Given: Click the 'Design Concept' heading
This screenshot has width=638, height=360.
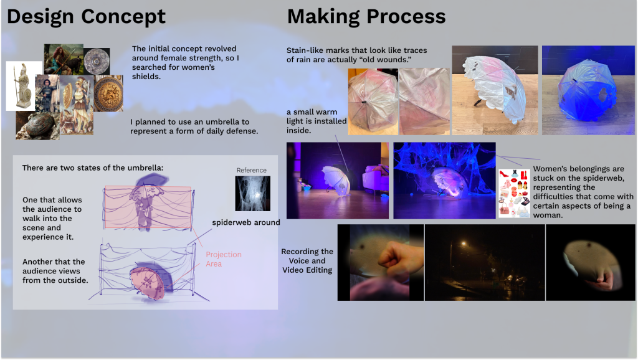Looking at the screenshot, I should tap(86, 17).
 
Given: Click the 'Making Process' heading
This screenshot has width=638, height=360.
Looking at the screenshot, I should tap(366, 17).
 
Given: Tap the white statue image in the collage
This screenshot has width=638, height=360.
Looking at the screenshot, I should tap(23, 85).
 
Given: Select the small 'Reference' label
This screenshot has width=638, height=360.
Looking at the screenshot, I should tap(251, 170).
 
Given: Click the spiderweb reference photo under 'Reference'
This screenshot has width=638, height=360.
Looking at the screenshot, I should tap(252, 193).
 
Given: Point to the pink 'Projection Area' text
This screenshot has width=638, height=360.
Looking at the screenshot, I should tap(223, 259).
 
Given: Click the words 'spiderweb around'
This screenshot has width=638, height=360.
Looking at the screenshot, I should tap(245, 222).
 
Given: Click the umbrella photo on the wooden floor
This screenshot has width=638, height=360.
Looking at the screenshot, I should tap(494, 90).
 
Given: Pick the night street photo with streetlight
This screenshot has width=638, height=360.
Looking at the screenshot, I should tap(484, 262).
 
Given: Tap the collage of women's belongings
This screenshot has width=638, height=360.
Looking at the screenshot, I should tap(514, 193).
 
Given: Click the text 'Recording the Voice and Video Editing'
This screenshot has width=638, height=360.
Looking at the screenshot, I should tap(307, 261).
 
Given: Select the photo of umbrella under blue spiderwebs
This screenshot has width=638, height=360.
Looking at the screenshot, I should tap(444, 180).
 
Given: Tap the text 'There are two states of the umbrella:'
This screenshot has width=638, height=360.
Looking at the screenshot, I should tap(92, 168).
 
